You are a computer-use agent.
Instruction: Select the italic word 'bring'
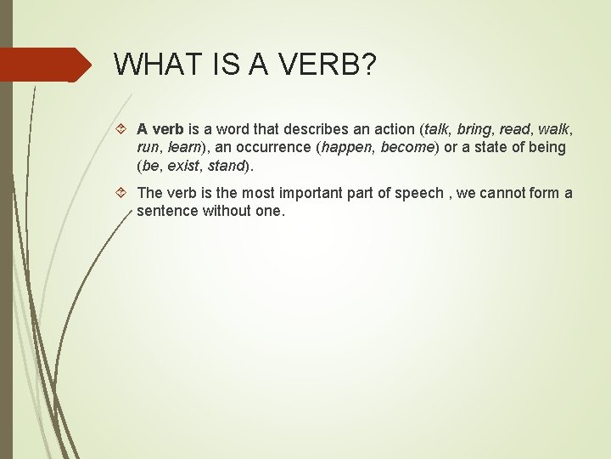tap(474, 129)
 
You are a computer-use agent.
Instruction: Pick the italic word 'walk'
tap(555, 129)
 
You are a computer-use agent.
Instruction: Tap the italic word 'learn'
tap(185, 147)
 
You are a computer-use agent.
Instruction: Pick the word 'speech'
tap(420, 193)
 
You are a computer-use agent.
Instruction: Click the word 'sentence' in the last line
tap(167, 210)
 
